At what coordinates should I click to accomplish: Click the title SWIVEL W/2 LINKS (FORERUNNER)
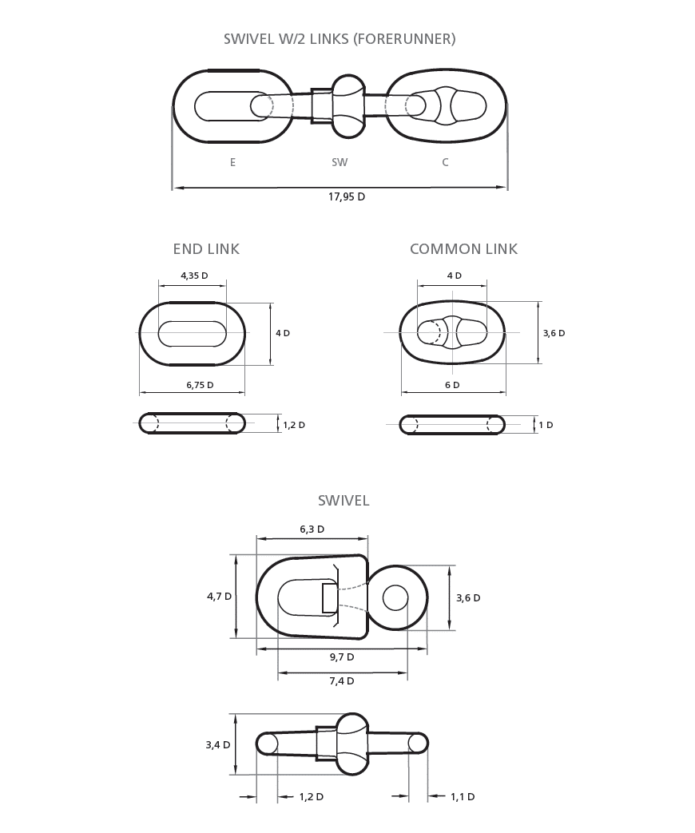340,39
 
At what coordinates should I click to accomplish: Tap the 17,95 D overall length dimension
347,196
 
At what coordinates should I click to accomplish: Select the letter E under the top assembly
232,163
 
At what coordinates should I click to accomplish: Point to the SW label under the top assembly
340,163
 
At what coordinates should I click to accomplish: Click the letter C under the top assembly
445,163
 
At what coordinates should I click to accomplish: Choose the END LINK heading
206,249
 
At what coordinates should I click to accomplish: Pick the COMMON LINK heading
463,249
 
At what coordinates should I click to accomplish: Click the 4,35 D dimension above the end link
194,276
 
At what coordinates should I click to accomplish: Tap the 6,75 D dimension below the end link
200,385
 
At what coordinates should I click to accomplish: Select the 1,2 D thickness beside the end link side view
294,425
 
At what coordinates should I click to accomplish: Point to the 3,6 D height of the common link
554,333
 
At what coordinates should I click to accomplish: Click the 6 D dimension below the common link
452,385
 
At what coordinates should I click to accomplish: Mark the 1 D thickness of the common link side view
546,425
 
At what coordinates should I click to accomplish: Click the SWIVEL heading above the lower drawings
344,501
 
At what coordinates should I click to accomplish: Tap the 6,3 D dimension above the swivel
312,530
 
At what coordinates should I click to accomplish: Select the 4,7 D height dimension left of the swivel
220,596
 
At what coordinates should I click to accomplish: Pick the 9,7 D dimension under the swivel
342,657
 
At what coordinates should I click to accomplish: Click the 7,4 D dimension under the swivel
342,681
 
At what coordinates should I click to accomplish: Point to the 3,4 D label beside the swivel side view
218,745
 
